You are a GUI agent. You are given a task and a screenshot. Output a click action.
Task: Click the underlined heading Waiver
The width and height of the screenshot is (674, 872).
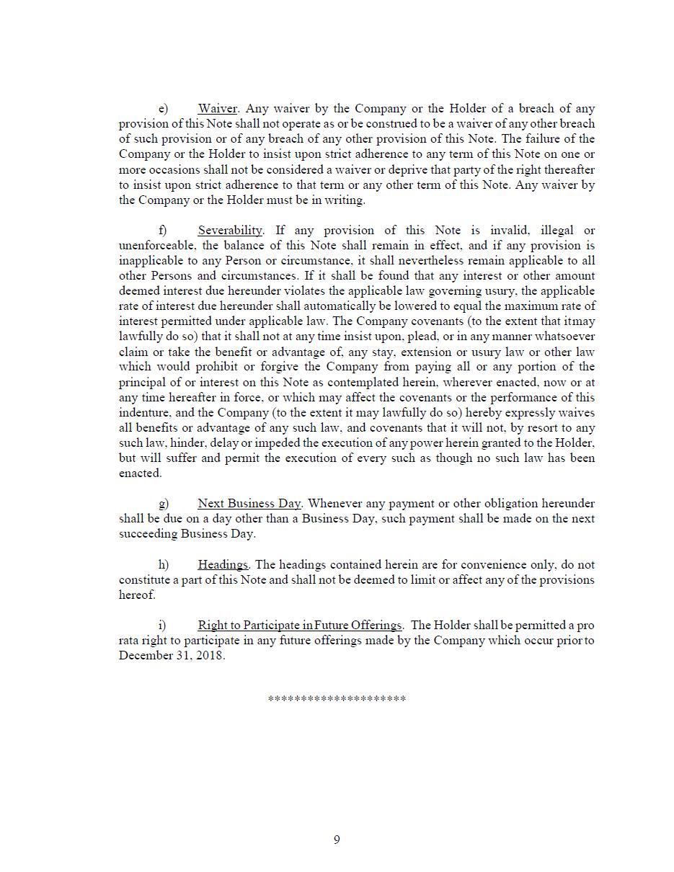(217, 109)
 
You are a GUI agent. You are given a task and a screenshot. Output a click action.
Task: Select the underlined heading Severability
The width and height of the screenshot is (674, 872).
(230, 231)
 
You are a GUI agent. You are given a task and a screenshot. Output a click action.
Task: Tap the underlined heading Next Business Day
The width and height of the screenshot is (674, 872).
(249, 504)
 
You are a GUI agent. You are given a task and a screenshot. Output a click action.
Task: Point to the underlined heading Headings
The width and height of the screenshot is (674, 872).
(223, 565)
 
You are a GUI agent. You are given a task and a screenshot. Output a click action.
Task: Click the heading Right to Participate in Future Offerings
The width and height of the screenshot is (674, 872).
(299, 626)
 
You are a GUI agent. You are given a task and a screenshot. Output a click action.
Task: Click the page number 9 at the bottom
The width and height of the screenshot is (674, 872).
(337, 840)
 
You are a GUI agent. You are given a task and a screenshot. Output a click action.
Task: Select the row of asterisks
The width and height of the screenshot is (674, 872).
(337, 699)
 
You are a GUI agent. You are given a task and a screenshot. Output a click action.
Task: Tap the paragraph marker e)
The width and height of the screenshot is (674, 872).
(163, 109)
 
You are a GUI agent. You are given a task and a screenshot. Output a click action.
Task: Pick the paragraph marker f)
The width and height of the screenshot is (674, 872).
(163, 231)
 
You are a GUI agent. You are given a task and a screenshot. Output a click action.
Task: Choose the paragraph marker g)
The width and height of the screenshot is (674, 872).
(164, 504)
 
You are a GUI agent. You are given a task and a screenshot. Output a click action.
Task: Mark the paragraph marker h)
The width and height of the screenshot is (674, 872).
(164, 565)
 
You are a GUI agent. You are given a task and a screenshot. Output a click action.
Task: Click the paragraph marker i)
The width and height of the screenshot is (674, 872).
(162, 626)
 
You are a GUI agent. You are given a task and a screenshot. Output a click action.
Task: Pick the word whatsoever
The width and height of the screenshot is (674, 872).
(564, 337)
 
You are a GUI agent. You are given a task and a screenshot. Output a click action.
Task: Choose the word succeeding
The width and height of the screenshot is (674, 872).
(148, 534)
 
